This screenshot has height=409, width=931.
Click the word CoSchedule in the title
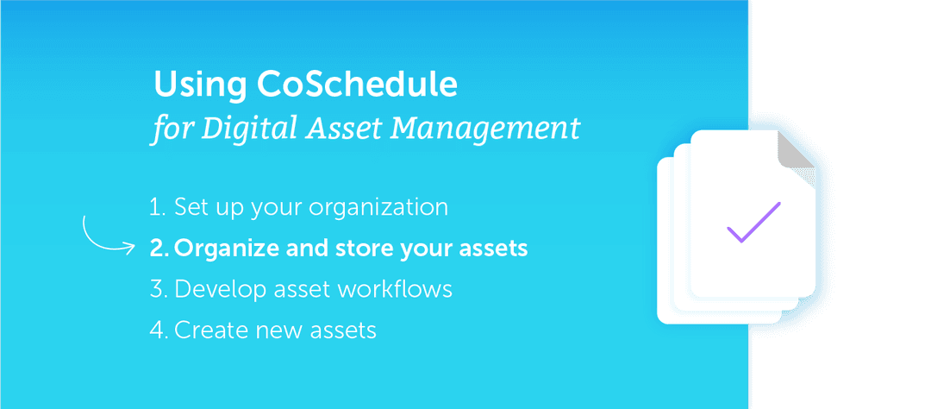coord(357,85)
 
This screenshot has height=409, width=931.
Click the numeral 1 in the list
coord(156,208)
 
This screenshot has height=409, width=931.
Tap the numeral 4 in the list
coord(157,330)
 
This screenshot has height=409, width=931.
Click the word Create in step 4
coord(209,330)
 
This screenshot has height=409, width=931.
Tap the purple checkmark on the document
coord(753,223)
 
